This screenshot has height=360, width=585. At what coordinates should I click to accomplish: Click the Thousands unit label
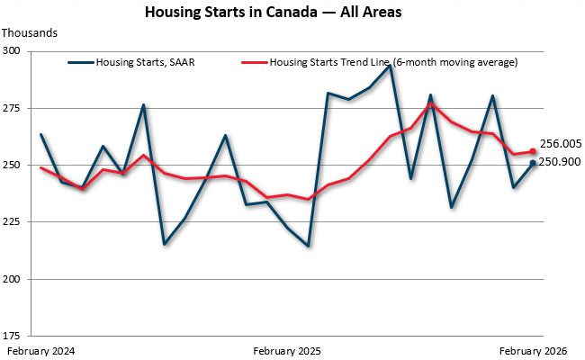click(x=30, y=33)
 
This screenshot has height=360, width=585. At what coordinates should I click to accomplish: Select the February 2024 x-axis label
click(x=40, y=350)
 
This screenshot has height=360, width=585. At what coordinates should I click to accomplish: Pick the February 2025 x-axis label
click(x=287, y=350)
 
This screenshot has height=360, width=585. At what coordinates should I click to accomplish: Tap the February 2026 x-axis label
click(x=533, y=350)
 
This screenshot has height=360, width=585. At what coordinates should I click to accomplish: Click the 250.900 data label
click(x=561, y=162)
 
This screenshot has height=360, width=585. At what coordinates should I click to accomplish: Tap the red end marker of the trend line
click(x=533, y=151)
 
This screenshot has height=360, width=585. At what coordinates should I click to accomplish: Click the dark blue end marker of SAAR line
click(x=533, y=163)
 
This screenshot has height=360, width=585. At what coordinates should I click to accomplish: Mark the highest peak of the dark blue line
click(x=390, y=66)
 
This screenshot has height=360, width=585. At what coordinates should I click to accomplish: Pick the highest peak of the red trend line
click(x=431, y=103)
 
